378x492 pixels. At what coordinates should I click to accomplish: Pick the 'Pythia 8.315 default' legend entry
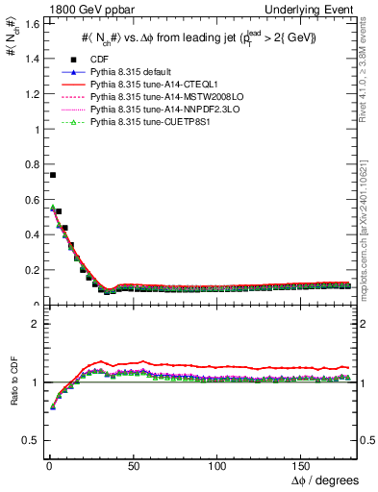[x=132, y=73]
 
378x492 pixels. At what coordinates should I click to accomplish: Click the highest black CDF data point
[x=52, y=175]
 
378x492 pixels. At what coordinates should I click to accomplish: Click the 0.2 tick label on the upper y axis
[x=29, y=270]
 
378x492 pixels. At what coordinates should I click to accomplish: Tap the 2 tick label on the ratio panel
[x=33, y=324]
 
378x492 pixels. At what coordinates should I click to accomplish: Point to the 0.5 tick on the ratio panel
[x=29, y=440]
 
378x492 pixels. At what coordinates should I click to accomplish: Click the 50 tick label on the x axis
[x=132, y=466]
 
